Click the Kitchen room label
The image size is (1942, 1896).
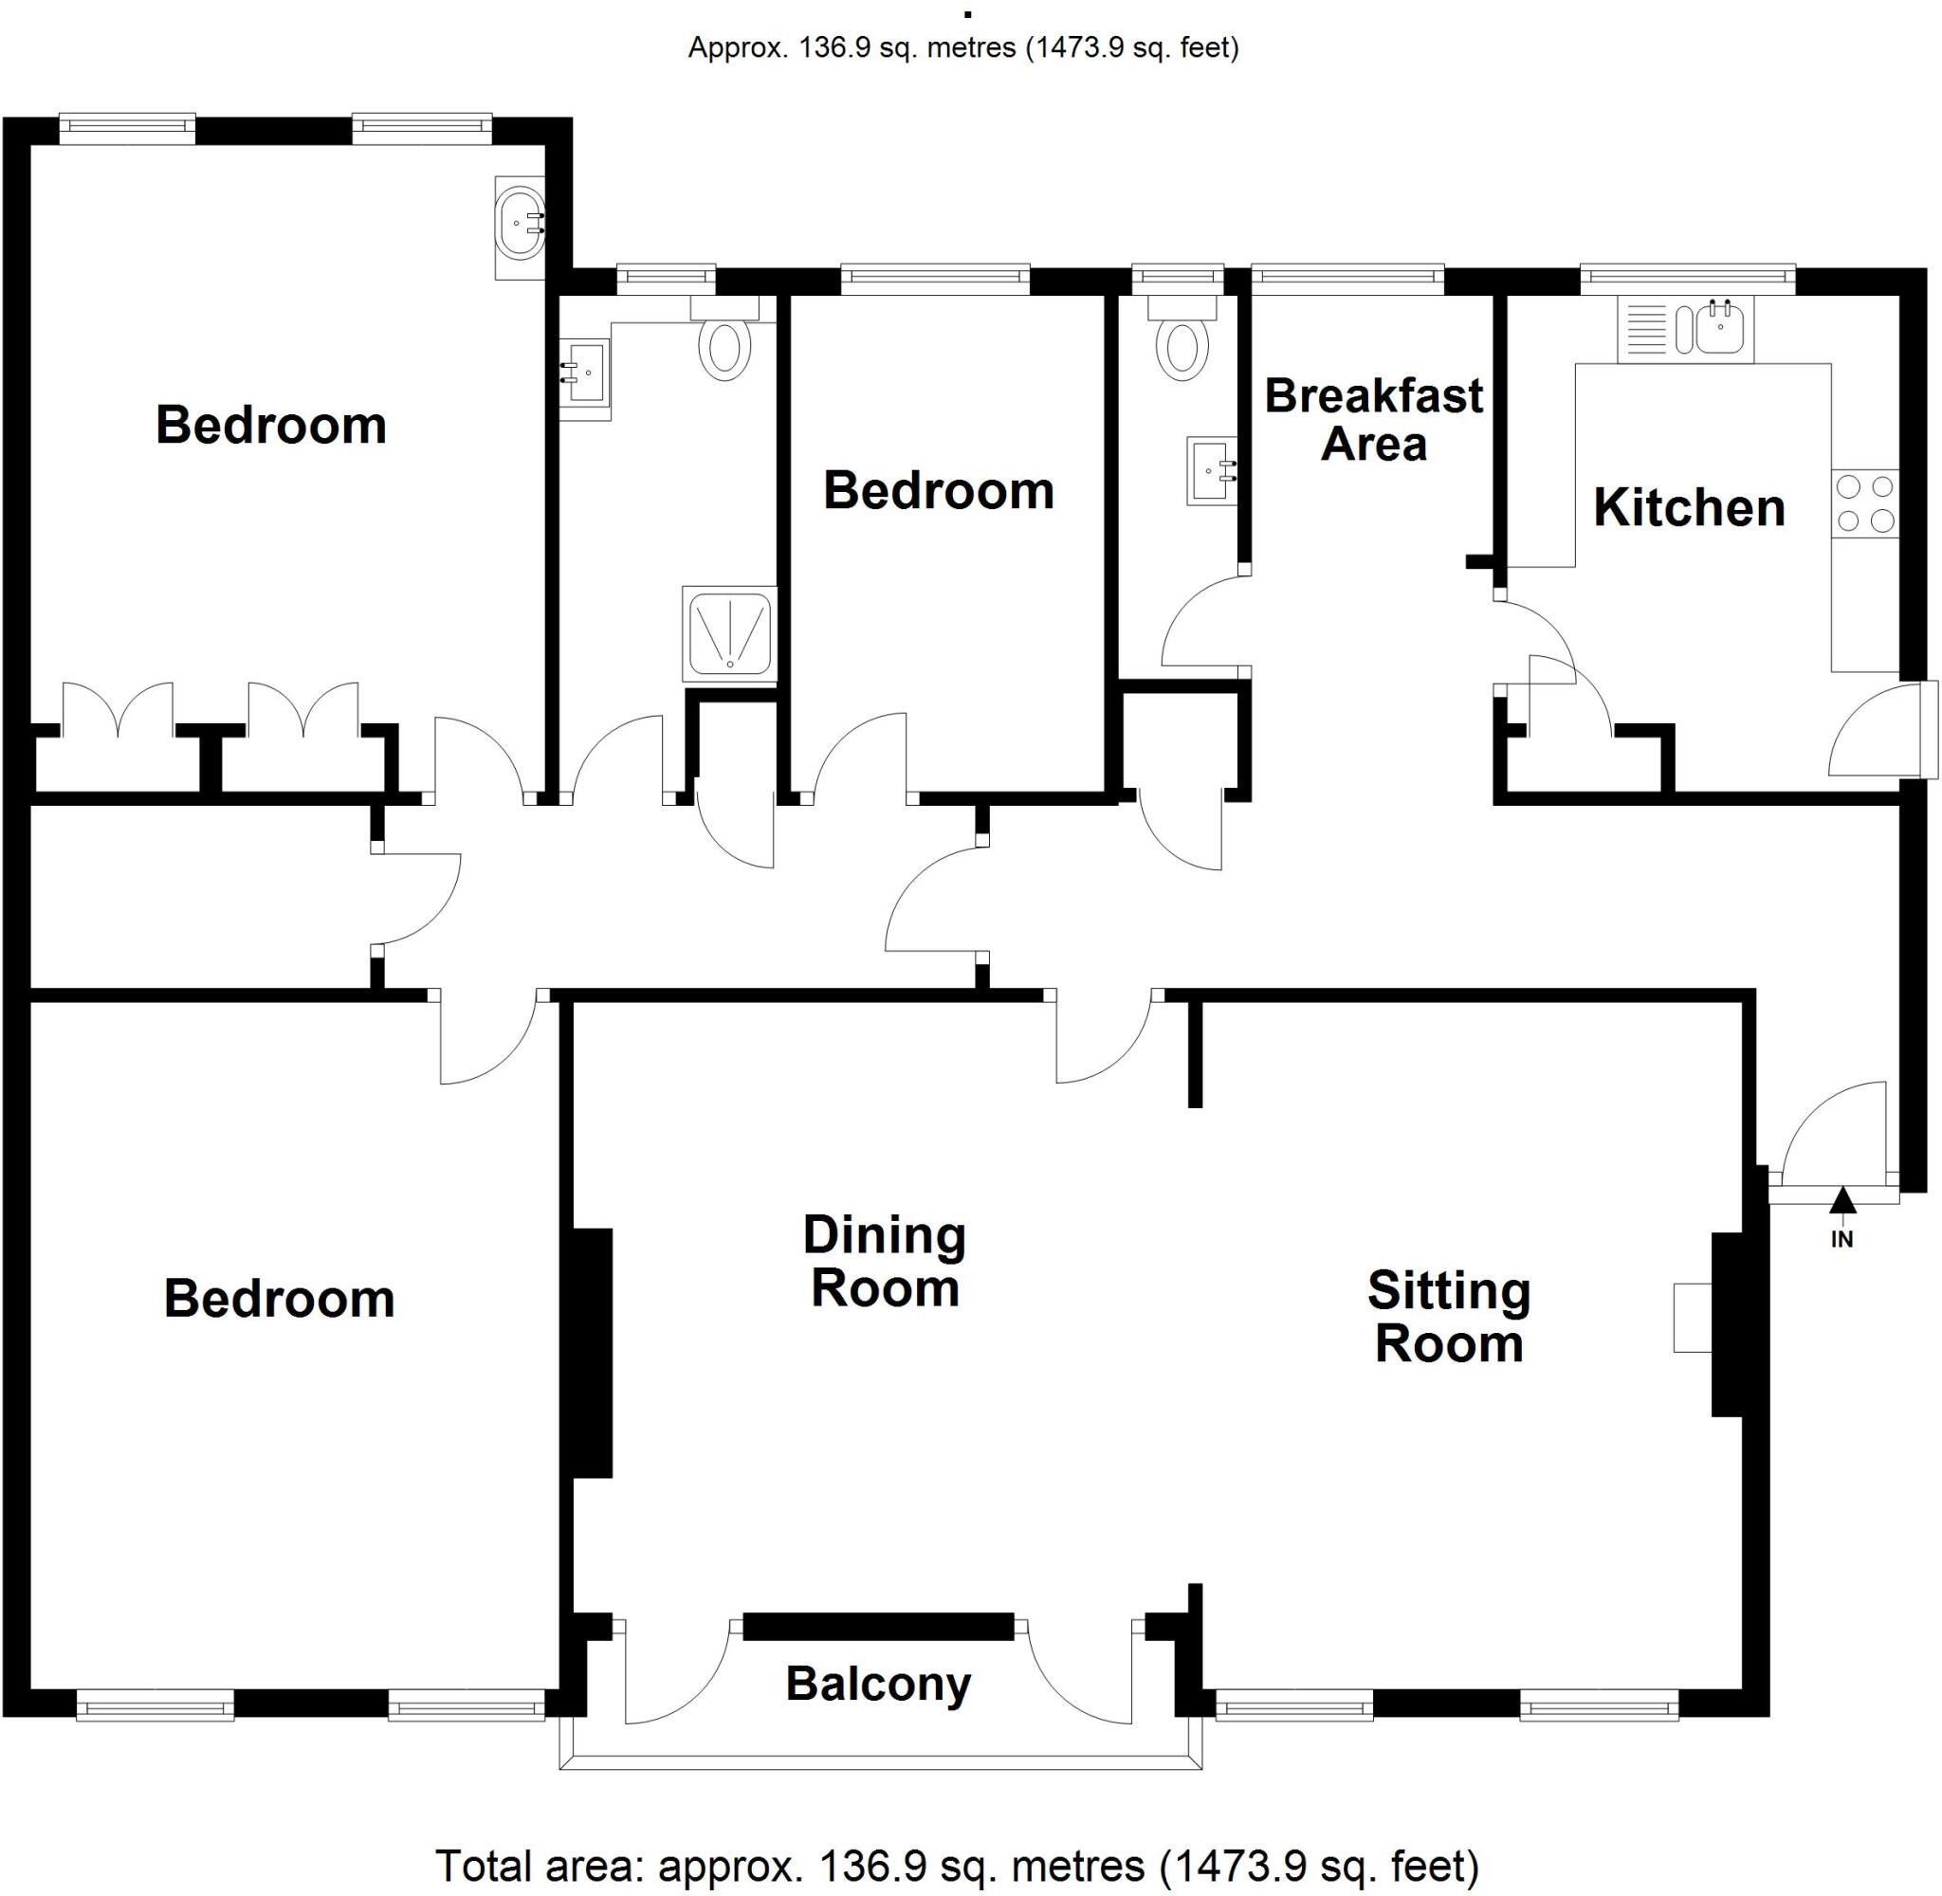pyautogui.click(x=1688, y=508)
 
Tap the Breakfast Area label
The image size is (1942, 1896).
pyautogui.click(x=1373, y=419)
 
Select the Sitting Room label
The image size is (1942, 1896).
pyautogui.click(x=1448, y=1317)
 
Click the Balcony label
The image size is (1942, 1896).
pyautogui.click(x=877, y=1684)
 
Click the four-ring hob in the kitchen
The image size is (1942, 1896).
pyautogui.click(x=1865, y=502)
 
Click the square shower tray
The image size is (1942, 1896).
pyautogui.click(x=729, y=634)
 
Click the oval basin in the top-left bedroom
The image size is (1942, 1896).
pyautogui.click(x=520, y=224)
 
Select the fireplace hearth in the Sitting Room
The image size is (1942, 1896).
pyautogui.click(x=1692, y=1318)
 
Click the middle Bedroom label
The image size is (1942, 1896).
pyautogui.click(x=938, y=491)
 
